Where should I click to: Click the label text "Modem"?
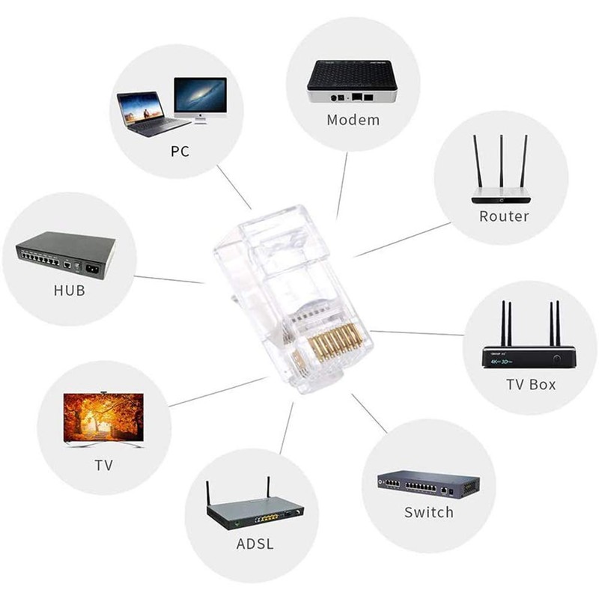[x=353, y=120]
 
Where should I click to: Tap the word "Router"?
[x=504, y=216]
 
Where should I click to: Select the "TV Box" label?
[x=530, y=384]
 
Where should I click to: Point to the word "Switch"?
[x=428, y=512]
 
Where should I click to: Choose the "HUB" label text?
[x=70, y=291]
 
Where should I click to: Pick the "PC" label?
[x=180, y=151]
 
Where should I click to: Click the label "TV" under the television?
[x=104, y=465]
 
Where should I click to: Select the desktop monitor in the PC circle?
[x=199, y=99]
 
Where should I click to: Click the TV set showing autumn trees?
[x=103, y=419]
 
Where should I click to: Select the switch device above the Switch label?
[x=428, y=484]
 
